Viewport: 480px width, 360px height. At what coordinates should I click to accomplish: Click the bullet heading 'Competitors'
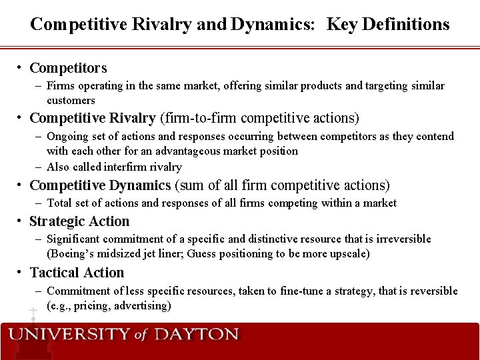[x=68, y=68]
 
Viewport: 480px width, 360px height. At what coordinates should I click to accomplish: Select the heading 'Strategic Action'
[x=79, y=221]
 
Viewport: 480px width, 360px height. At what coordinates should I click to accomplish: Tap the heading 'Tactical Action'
[x=77, y=273]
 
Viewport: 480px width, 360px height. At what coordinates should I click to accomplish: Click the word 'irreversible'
[x=401, y=239]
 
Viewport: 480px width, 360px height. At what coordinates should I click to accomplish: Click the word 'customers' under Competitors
[x=71, y=100]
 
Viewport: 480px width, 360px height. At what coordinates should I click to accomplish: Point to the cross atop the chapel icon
[x=32, y=312]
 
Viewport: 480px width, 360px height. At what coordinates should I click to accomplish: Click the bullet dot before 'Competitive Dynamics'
[x=21, y=185]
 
